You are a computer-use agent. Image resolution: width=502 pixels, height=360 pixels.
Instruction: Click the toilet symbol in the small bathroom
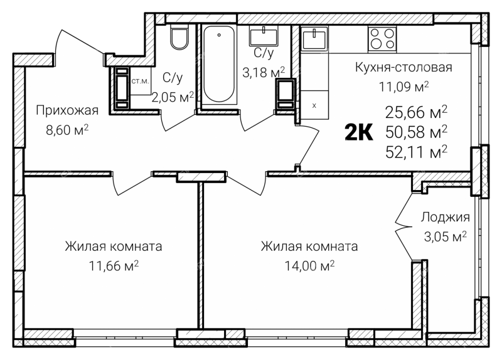pyautogui.click(x=179, y=37)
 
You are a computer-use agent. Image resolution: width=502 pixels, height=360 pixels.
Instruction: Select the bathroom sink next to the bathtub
pyautogui.click(x=264, y=36)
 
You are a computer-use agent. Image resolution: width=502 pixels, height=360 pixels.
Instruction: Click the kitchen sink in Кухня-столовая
pyautogui.click(x=314, y=39)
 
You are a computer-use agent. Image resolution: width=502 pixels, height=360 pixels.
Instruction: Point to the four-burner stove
pyautogui.click(x=382, y=39)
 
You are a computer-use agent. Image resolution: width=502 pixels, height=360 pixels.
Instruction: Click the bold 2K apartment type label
pyautogui.click(x=358, y=132)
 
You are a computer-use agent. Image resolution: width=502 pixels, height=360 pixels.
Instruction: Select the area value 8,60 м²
pyautogui.click(x=67, y=130)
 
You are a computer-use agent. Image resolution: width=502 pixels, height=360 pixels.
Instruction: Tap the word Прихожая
pyautogui.click(x=67, y=110)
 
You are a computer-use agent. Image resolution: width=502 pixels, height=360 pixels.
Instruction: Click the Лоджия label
pyautogui.click(x=445, y=217)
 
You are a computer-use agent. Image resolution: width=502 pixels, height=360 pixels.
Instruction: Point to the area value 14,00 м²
pyautogui.click(x=309, y=265)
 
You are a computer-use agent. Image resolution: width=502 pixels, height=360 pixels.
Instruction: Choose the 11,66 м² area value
pyautogui.click(x=114, y=265)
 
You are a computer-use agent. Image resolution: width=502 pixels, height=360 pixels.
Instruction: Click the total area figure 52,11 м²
pyautogui.click(x=416, y=152)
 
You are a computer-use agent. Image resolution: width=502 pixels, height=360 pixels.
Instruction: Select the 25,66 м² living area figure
pyautogui.click(x=416, y=112)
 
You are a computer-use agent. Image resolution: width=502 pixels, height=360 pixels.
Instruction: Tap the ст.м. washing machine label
pyautogui.click(x=140, y=82)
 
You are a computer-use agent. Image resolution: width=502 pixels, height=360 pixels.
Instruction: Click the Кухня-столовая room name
pyautogui.click(x=403, y=68)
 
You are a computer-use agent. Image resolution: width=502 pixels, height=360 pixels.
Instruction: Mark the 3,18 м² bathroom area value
pyautogui.click(x=264, y=72)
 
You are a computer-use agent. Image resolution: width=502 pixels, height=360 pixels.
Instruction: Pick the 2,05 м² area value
pyautogui.click(x=173, y=97)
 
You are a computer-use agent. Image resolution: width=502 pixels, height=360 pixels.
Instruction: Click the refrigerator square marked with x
pyautogui.click(x=314, y=105)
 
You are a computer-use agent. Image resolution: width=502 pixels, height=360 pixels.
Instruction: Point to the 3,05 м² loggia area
pyautogui.click(x=445, y=237)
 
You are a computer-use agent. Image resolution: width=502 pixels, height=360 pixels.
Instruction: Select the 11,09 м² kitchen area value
pyautogui.click(x=403, y=87)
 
